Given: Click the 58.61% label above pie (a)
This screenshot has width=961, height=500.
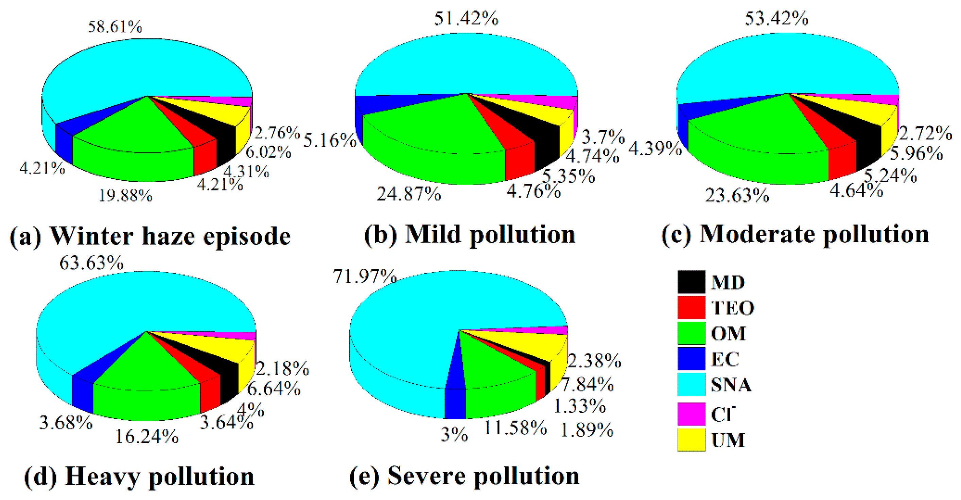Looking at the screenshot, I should [115, 27].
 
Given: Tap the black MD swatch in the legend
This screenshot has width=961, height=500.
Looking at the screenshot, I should [691, 282].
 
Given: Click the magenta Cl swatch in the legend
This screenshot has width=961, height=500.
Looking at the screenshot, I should [691, 413].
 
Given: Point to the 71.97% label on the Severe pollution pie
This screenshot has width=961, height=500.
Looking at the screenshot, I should [365, 276].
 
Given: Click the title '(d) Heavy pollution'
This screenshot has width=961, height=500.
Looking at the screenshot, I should [139, 477].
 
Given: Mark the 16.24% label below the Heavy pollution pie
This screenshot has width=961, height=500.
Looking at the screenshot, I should [146, 436].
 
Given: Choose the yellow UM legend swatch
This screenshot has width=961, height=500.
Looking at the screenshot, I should [691, 440].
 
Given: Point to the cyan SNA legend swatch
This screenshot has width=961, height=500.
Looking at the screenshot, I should [691, 385].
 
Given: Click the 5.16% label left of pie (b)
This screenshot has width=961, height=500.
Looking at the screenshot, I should [329, 141].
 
